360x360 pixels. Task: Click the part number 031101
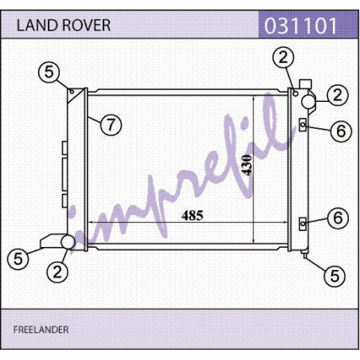[301, 25]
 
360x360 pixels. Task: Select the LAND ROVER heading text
[64, 25]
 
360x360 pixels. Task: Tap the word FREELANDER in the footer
[41, 330]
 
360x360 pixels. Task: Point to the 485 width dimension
[193, 215]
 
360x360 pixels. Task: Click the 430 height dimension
[247, 165]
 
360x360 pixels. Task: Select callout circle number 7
[111, 125]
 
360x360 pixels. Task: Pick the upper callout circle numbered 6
[341, 131]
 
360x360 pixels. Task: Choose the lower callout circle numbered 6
[338, 218]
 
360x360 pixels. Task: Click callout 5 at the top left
[49, 72]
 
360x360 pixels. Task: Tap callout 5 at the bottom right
[335, 276]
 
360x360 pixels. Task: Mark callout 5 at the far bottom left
[18, 259]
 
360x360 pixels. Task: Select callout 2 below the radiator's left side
[57, 272]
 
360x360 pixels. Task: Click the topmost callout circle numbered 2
[284, 57]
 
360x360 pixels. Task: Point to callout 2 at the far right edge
[338, 95]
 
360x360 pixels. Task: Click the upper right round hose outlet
[308, 101]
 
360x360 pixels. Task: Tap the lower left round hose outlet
[68, 242]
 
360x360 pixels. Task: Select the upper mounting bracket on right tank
[303, 124]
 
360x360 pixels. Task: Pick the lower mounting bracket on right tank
[303, 224]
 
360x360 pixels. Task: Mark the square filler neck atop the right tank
[305, 84]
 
